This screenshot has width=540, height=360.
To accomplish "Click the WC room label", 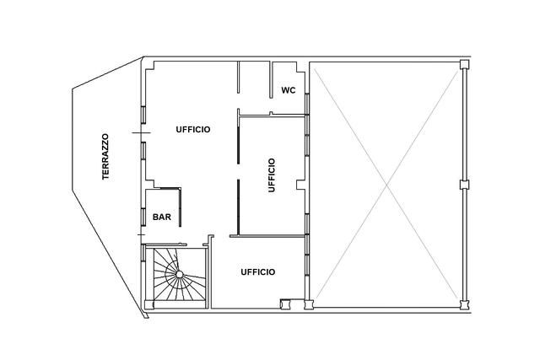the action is pyautogui.click(x=289, y=90).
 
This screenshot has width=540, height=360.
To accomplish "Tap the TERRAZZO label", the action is pyautogui.click(x=105, y=157).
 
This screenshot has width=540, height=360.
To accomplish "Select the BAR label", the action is pyautogui.click(x=162, y=218).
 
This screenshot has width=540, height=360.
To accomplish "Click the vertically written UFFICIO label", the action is pyautogui.click(x=272, y=175).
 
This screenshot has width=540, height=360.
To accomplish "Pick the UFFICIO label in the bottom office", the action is pyautogui.click(x=258, y=271).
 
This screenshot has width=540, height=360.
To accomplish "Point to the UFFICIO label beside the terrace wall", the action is pyautogui.click(x=193, y=129).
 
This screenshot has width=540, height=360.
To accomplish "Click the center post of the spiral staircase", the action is pyautogui.click(x=179, y=274).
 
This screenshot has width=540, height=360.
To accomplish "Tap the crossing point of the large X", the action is pyautogui.click(x=387, y=185).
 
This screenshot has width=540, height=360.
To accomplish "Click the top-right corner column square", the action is pyautogui.click(x=465, y=64).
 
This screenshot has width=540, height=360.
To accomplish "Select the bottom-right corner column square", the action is pyautogui.click(x=465, y=304).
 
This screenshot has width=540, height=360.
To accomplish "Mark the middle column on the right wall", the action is pyautogui.click(x=465, y=185).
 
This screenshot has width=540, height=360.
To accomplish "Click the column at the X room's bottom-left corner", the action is pyautogui.click(x=309, y=304).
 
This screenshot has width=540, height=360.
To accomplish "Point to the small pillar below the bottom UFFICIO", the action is pyautogui.click(x=285, y=304).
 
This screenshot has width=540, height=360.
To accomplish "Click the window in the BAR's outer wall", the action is pyautogui.click(x=143, y=217).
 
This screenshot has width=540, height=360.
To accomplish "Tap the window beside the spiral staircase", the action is pyautogui.click(x=143, y=254).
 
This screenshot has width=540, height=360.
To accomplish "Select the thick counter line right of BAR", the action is pyautogui.click(x=180, y=207).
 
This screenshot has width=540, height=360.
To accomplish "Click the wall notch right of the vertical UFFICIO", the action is pyautogui.click(x=300, y=185).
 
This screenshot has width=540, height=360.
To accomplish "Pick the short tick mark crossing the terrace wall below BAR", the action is pyautogui.click(x=141, y=234).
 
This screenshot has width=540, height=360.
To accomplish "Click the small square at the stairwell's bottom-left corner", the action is pyautogui.click(x=148, y=304).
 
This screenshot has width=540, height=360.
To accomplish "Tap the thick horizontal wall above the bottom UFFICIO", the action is pyautogui.click(x=267, y=236).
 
